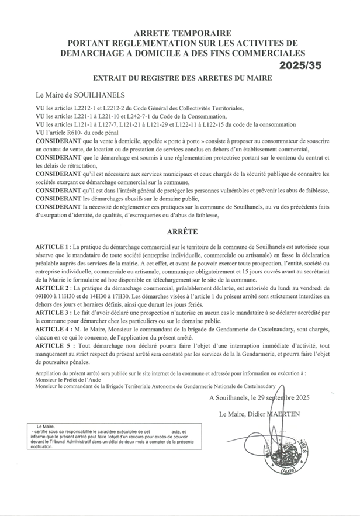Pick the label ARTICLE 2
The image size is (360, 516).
tap(52, 289)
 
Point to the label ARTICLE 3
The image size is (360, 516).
tap(52, 312)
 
